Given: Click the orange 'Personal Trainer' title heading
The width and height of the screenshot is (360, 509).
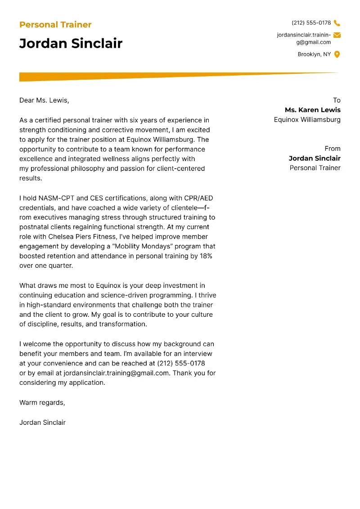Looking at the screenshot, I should [55, 25].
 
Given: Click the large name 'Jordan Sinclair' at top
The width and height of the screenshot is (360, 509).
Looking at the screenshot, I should [71, 43].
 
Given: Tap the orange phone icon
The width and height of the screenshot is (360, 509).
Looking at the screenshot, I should [337, 23].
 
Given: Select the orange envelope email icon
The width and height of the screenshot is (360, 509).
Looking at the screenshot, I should [337, 35].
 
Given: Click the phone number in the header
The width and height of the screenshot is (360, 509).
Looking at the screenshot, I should [311, 23].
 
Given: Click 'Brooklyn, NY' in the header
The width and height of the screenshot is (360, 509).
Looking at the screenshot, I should [314, 54].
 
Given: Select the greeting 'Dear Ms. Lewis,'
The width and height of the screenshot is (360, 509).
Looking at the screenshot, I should [44, 100].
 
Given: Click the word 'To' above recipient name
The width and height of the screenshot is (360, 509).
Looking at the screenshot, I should [337, 100].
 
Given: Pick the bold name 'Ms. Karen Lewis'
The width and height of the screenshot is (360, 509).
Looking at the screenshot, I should [312, 110].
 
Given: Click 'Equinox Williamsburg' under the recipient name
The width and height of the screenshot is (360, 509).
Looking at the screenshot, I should [307, 120].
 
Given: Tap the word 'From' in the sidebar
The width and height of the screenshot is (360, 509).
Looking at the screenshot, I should [333, 149].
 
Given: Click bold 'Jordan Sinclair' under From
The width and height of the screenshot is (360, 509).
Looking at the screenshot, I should [315, 158].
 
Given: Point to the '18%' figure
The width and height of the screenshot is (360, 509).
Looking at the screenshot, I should [206, 256].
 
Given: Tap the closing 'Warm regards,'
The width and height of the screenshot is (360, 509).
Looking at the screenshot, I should [42, 402].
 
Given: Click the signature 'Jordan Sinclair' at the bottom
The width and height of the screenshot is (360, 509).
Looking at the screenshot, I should [42, 422].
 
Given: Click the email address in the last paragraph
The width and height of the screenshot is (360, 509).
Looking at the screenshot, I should [117, 373].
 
